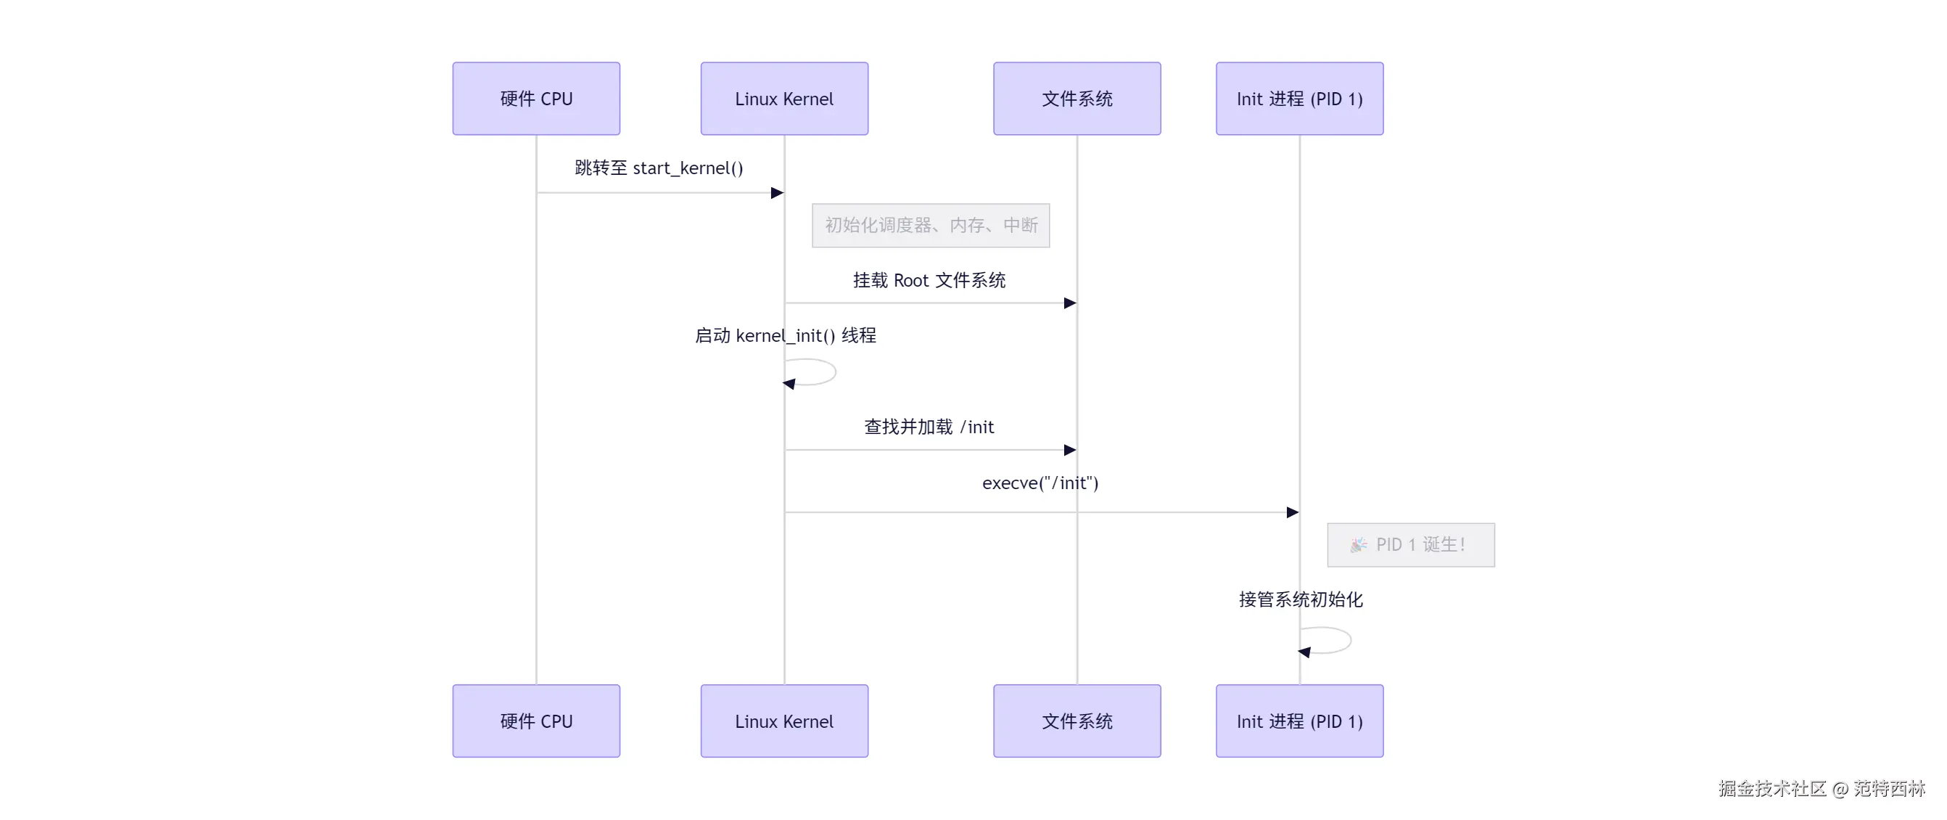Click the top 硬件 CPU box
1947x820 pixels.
[536, 98]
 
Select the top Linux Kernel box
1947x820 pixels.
[783, 98]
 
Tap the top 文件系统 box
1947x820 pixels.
[1077, 98]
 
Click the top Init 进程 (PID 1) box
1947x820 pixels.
[1298, 98]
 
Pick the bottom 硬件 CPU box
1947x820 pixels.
[536, 721]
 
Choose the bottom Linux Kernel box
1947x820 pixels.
[783, 721]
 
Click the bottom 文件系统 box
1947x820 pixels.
[1077, 721]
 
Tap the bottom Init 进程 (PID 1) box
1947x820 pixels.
[1298, 721]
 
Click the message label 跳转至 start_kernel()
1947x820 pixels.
[659, 168]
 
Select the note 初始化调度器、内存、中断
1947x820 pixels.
[931, 225]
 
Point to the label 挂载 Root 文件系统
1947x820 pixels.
[929, 280]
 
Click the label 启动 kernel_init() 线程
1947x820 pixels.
[785, 335]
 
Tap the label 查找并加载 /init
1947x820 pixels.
[929, 427]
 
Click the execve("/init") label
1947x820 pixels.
[1040, 483]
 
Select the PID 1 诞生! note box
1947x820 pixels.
[1410, 544]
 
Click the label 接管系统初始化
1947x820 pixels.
[1300, 599]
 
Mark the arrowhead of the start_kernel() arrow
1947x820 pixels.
[777, 193]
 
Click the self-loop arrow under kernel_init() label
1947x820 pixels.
[816, 372]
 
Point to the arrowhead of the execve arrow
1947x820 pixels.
[1293, 512]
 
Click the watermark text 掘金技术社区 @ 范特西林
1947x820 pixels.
[1821, 788]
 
